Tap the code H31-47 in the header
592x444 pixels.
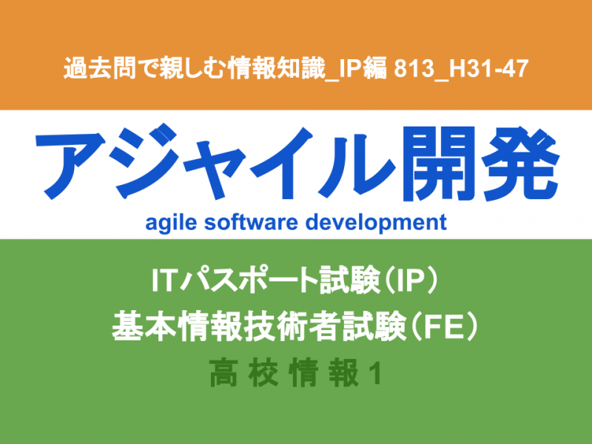pyautogui.click(x=488, y=69)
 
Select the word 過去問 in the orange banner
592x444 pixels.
pyautogui.click(x=100, y=68)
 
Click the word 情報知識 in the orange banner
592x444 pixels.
pyautogui.click(x=276, y=68)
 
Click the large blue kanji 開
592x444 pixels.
pyautogui.click(x=438, y=163)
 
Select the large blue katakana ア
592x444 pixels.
pyautogui.click(x=70, y=164)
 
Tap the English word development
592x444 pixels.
pyautogui.click(x=376, y=223)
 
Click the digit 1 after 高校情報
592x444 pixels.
pyautogui.click(x=375, y=373)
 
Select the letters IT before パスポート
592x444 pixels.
pyautogui.click(x=164, y=280)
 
